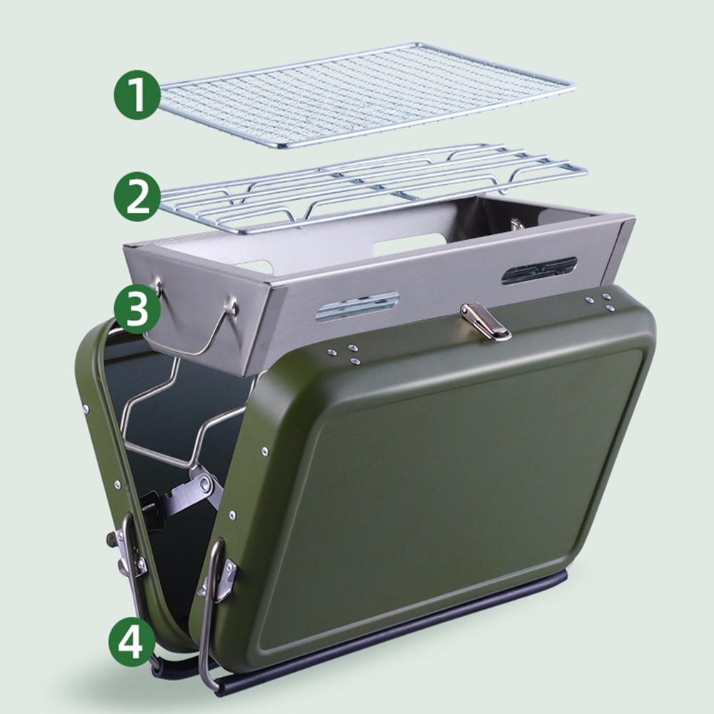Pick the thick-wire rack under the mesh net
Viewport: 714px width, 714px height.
(374, 186)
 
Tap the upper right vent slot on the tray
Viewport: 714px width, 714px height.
(539, 271)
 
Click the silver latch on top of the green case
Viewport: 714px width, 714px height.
(486, 323)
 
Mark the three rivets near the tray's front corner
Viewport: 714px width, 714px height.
(345, 354)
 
